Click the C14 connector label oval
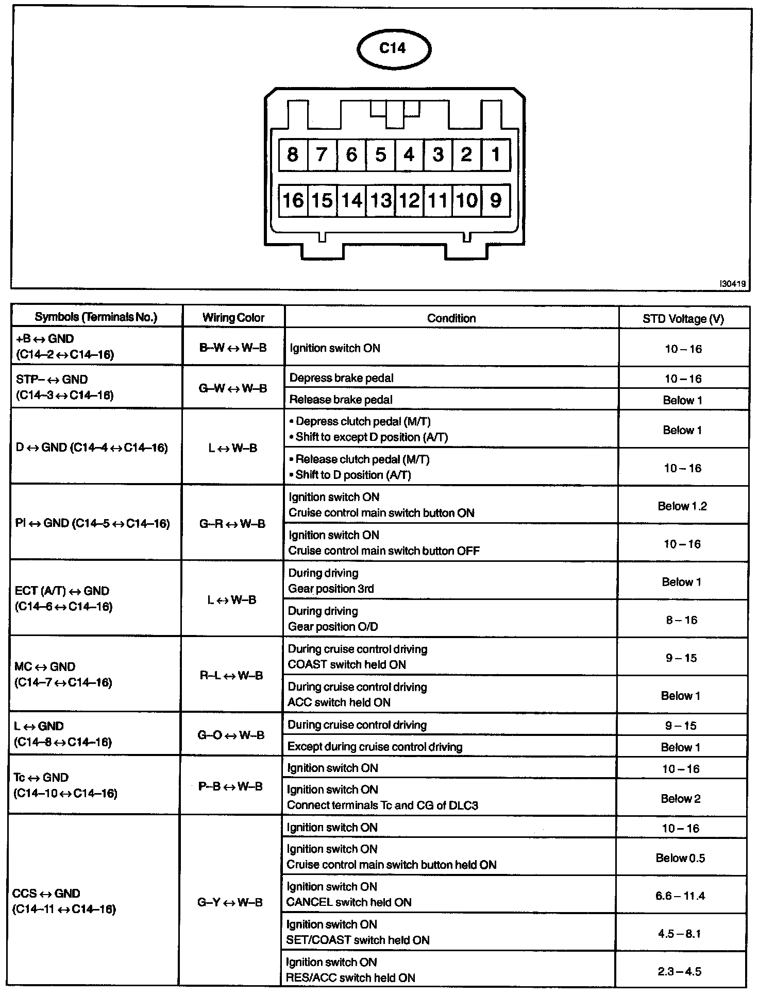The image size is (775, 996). click(394, 49)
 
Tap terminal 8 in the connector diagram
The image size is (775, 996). click(293, 154)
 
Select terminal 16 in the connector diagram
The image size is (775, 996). click(293, 200)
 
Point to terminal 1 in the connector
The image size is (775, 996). click(496, 154)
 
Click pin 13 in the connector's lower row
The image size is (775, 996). click(381, 200)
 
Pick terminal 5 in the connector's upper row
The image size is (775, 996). click(380, 154)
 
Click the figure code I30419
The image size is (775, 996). click(732, 283)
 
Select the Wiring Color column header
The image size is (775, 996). click(233, 318)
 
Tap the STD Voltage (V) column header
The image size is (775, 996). click(683, 319)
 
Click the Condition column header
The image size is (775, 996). click(451, 318)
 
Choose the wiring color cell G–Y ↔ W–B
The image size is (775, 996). click(230, 902)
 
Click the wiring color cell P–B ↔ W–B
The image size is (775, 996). click(230, 786)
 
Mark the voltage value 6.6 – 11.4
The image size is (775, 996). click(680, 896)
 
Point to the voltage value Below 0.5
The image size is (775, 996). click(680, 858)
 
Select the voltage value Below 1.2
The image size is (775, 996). click(682, 506)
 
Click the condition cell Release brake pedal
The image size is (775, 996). click(341, 400)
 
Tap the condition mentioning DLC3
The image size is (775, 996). click(382, 805)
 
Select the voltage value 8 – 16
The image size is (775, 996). click(681, 620)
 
